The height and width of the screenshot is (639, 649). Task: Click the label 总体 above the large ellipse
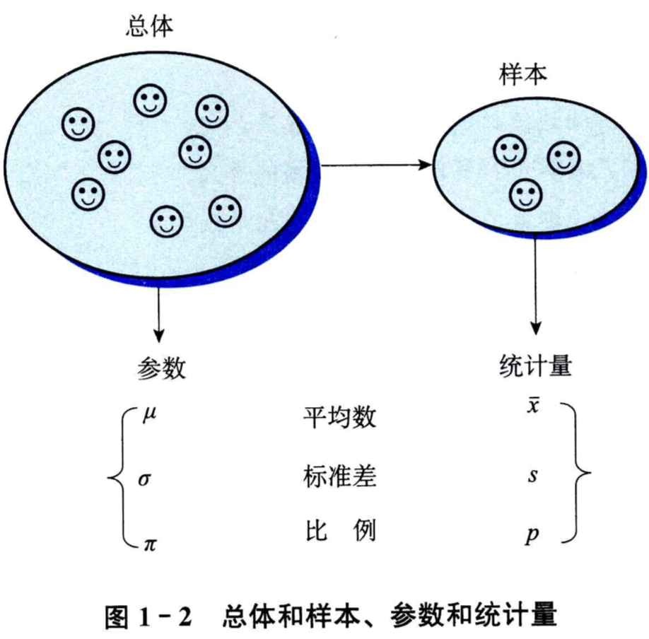148,27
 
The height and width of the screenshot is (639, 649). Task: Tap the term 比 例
338,531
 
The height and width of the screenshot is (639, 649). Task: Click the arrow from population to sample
375,165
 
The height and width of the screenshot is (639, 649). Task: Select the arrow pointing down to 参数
158,311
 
